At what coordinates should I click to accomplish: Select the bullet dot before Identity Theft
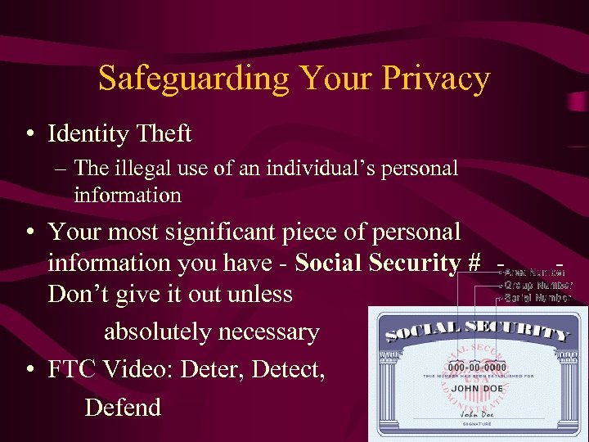29,133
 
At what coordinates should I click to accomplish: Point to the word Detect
289,370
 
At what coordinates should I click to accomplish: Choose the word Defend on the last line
123,407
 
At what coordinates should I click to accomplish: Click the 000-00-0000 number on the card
477,367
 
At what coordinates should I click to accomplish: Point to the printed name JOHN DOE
478,389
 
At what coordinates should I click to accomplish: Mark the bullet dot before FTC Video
29,371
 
